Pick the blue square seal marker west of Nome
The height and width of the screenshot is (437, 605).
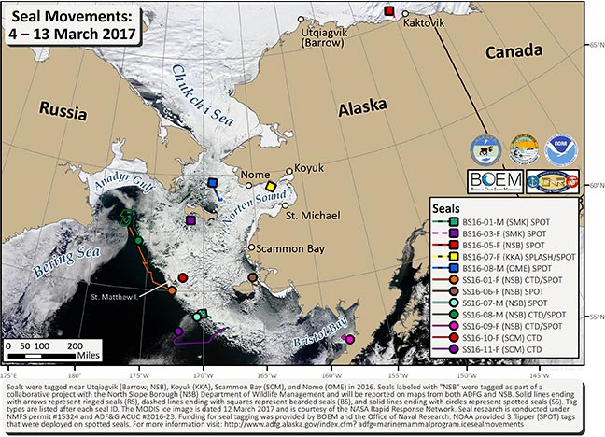(x=214, y=183)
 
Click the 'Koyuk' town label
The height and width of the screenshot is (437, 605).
(x=309, y=170)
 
